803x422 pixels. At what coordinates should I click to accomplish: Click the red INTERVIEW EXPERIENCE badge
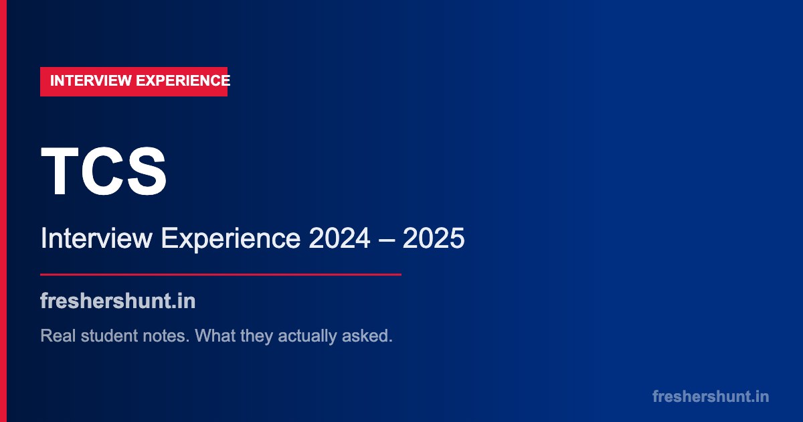point(134,82)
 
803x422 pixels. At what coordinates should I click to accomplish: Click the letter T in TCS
point(62,172)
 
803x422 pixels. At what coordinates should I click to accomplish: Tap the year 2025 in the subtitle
point(434,239)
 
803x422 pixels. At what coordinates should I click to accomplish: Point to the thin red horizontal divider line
point(221,275)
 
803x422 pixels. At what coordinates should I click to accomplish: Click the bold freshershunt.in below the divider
point(118,301)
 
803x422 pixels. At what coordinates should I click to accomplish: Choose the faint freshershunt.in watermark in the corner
point(711,397)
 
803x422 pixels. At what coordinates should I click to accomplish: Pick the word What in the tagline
point(217,336)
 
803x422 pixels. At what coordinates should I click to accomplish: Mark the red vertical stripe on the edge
point(3,211)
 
